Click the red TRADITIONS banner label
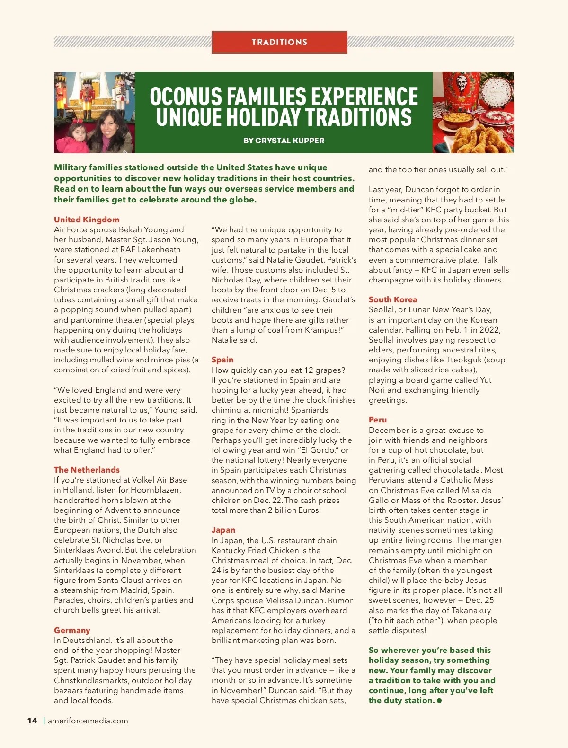279,42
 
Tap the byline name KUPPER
308,141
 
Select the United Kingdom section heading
87,220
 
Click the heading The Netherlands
87,470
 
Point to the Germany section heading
72,630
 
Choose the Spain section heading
222,360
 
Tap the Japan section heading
223,530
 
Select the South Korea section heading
393,299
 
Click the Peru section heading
378,420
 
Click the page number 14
32,721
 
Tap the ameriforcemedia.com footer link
88,721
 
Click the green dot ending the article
439,701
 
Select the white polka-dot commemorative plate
497,90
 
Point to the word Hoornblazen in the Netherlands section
155,490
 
